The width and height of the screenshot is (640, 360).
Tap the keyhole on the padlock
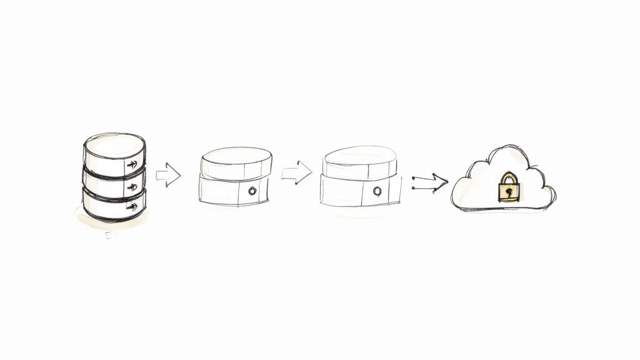click(x=509, y=192)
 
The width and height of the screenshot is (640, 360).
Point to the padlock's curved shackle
click(x=509, y=177)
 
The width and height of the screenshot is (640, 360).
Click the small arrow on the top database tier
click(x=132, y=165)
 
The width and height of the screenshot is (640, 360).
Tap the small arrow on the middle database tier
click(x=132, y=187)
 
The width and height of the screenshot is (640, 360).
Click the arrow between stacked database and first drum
click(x=168, y=175)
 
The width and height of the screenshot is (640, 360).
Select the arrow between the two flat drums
click(x=296, y=173)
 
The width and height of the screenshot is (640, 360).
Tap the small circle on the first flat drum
click(x=252, y=191)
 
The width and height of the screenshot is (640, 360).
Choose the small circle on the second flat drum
click(x=377, y=191)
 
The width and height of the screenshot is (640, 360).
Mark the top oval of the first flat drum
click(x=236, y=156)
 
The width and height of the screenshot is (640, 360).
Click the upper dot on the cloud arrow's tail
click(x=414, y=178)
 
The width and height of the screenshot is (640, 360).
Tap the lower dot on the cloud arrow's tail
click(x=414, y=186)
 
